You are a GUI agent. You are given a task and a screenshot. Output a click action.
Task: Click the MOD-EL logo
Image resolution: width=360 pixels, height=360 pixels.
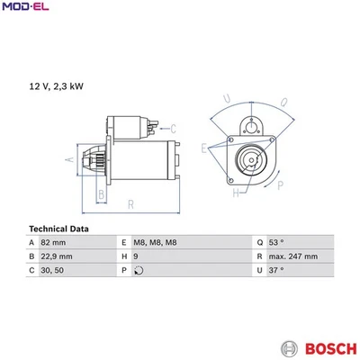[x=26, y=8]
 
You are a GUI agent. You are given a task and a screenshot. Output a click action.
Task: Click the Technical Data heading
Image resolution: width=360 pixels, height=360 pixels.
[x=59, y=229]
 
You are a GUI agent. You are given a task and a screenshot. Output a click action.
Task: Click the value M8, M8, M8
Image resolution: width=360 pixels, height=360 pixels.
[x=157, y=243]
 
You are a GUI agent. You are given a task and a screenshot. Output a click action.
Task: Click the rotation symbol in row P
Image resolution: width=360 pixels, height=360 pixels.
[x=137, y=270]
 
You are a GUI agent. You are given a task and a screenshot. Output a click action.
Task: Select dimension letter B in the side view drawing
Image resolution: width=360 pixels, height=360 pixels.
[x=101, y=193]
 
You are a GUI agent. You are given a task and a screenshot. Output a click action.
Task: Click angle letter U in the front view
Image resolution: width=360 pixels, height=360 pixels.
[x=228, y=99]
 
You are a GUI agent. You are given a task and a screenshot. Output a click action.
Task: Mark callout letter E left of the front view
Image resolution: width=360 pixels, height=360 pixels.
[x=205, y=147]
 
